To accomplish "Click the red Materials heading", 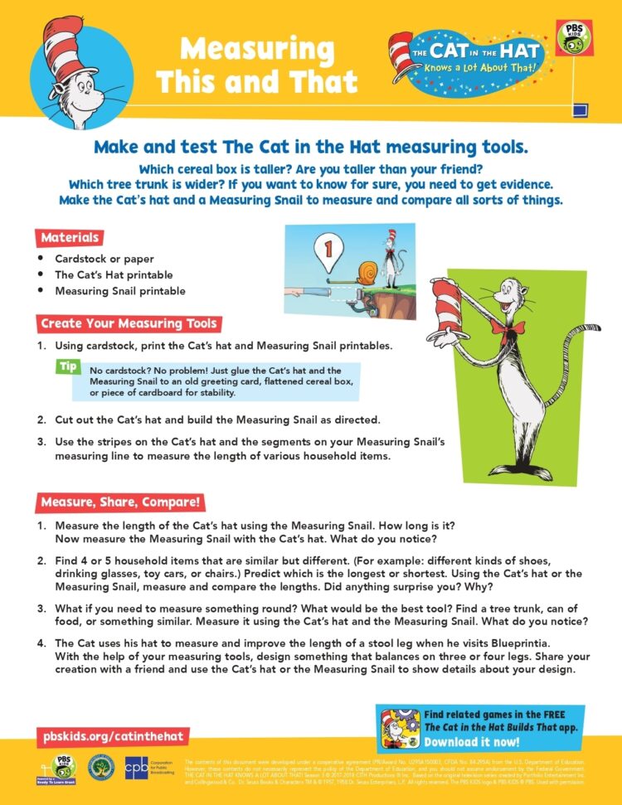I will click(x=70, y=238).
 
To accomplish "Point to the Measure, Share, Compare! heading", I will click(x=120, y=502).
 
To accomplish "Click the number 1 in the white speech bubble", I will click(x=328, y=247).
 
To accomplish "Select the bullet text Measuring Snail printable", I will click(x=120, y=291).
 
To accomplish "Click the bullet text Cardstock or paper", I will click(x=104, y=259).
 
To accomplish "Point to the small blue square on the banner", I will click(x=581, y=108).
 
